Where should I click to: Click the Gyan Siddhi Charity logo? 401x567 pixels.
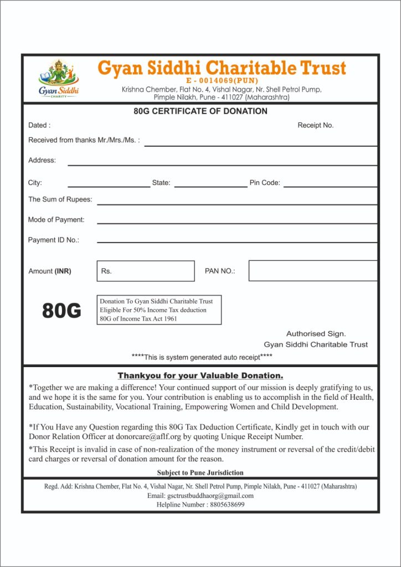59,79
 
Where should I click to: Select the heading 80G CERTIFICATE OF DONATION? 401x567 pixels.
200,111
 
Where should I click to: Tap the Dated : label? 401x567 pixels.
39,126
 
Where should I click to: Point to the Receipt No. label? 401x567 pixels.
316,126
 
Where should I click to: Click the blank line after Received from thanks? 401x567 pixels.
260,143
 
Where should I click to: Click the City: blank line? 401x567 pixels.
109,185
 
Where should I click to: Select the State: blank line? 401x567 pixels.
210,185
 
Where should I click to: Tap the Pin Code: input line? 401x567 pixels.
330,185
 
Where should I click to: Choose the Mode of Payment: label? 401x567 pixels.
56,220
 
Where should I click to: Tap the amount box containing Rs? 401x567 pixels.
146,271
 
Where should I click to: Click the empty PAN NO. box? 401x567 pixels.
313,271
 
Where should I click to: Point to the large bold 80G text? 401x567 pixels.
61,312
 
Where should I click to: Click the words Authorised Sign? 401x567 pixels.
316,334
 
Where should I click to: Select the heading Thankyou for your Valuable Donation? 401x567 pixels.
200,375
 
